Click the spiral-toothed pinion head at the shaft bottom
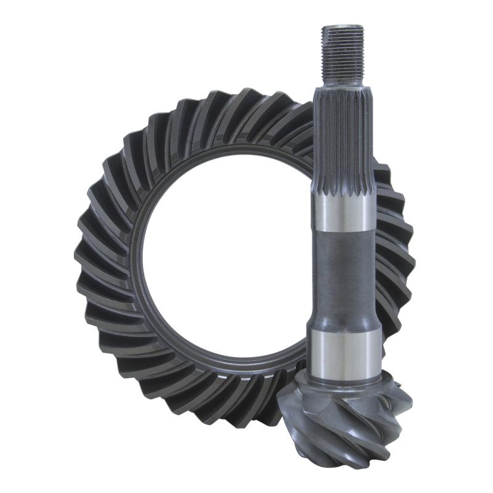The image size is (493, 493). tap(345, 425)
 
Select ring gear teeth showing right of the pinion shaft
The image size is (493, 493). tap(394, 246)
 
